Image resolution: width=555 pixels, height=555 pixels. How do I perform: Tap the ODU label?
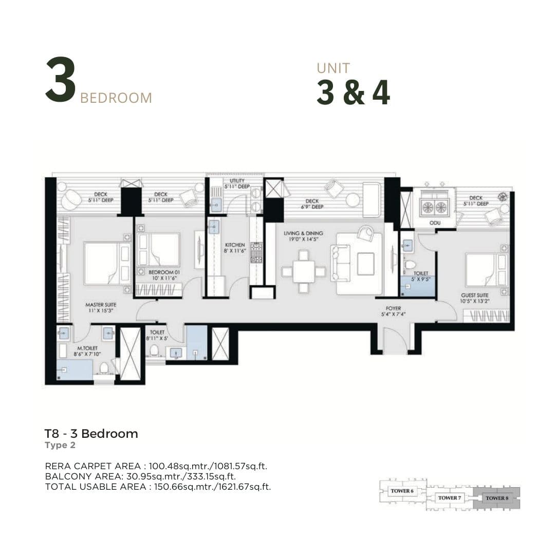click(x=435, y=223)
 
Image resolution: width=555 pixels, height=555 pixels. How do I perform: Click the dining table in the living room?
click(x=303, y=271)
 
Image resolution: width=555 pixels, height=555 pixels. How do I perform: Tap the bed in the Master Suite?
click(x=107, y=263)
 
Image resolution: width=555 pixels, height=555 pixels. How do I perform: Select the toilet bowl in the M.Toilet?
click(x=104, y=368)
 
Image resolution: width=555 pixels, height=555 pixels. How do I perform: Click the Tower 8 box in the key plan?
click(x=496, y=498)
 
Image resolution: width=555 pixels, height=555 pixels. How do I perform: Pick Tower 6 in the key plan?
click(x=402, y=491)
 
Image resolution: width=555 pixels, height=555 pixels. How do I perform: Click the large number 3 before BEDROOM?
click(x=61, y=80)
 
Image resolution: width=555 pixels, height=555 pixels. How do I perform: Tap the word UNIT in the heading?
click(x=334, y=68)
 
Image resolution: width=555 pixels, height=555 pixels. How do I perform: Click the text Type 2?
click(x=60, y=445)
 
